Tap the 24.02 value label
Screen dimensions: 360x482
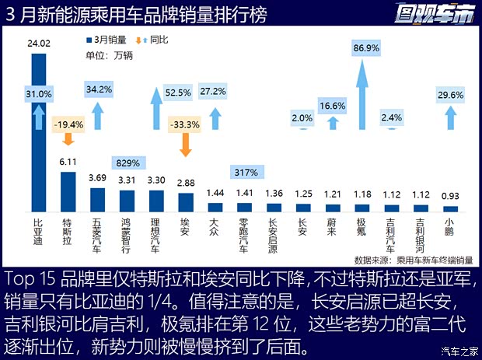pyautogui.click(x=39, y=44)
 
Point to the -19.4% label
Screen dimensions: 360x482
pyautogui.click(x=68, y=123)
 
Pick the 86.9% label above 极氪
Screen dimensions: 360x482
pyautogui.click(x=362, y=48)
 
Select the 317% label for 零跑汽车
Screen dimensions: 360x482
pyautogui.click(x=244, y=172)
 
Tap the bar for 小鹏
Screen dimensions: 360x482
pyautogui.click(x=450, y=208)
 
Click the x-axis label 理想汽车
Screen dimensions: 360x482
pyautogui.click(x=155, y=233)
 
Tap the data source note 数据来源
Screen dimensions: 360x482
pyautogui.click(x=413, y=260)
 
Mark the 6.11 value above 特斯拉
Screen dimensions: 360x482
pyautogui.click(x=68, y=162)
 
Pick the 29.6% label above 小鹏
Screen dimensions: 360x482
pyautogui.click(x=450, y=95)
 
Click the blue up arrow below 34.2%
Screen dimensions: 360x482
pyautogui.click(x=97, y=118)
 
